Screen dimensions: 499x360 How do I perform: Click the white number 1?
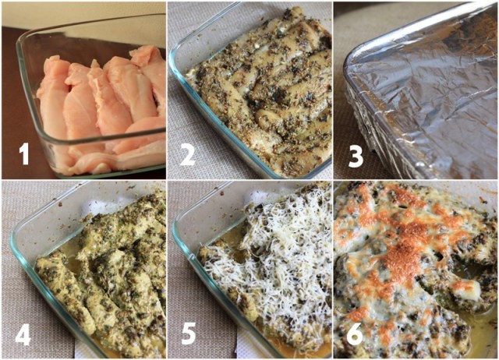(24, 154)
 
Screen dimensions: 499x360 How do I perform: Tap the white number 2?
(187, 154)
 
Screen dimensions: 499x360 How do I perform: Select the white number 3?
(356, 157)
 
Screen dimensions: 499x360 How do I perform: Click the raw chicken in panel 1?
(102, 108)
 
